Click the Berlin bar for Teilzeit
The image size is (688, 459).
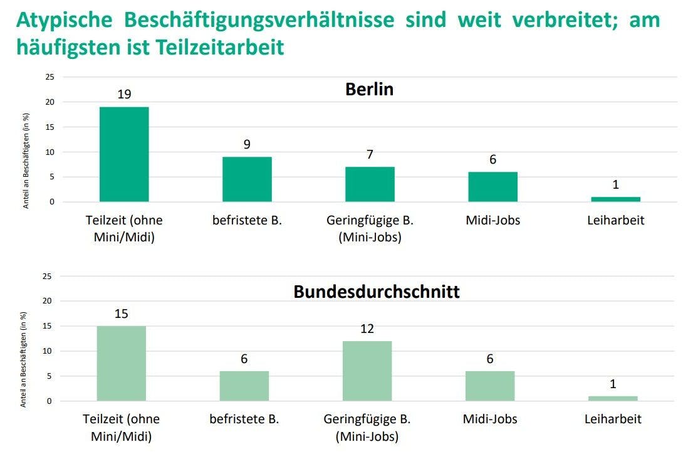(x=124, y=154)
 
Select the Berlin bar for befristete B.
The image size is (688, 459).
(x=247, y=179)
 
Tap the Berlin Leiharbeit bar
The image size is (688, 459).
(x=615, y=199)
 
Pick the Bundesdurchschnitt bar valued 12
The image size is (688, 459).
(x=367, y=371)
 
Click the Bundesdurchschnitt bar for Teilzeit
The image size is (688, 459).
(x=122, y=363)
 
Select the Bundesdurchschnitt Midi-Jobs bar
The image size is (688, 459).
(x=490, y=386)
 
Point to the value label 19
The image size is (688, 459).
(x=124, y=95)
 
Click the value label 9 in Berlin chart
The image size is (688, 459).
(x=247, y=144)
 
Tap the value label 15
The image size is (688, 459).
(x=122, y=314)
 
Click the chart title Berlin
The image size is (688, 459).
(x=369, y=89)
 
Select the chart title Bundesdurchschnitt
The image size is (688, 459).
(x=377, y=292)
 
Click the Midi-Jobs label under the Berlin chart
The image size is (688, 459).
(x=493, y=221)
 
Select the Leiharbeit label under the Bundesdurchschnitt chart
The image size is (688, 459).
(x=613, y=419)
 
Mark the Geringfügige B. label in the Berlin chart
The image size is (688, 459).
(x=370, y=228)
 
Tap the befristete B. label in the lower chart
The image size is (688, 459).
(x=244, y=419)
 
